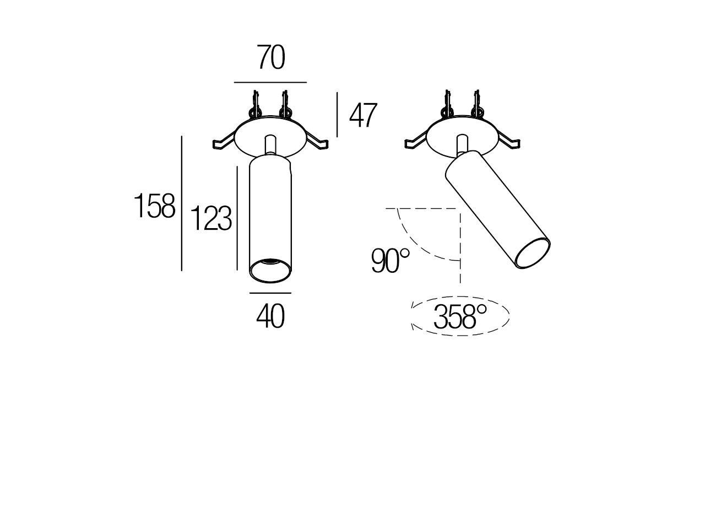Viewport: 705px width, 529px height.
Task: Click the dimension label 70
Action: (271, 58)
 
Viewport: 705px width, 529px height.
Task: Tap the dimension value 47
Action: (363, 116)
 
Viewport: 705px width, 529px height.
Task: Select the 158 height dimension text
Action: (155, 206)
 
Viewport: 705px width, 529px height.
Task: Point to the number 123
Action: (211, 219)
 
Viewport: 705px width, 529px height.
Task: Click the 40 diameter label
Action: (270, 316)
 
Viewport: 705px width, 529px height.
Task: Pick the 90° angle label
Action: (391, 261)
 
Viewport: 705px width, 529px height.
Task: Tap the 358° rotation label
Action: (460, 316)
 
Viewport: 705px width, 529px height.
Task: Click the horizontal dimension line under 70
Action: (270, 82)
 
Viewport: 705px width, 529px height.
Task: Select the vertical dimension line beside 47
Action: (337, 115)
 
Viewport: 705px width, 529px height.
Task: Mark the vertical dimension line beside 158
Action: (181, 204)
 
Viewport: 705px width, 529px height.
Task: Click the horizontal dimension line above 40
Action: (270, 293)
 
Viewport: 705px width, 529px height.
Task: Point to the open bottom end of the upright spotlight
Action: (270, 270)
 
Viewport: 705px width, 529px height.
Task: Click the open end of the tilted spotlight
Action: (533, 255)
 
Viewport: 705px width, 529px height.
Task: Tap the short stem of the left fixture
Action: (270, 145)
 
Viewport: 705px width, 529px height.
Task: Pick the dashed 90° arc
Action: (416, 245)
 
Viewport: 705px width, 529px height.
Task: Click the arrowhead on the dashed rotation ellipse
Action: (413, 326)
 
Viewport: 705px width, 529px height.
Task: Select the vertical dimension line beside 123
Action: (237, 218)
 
